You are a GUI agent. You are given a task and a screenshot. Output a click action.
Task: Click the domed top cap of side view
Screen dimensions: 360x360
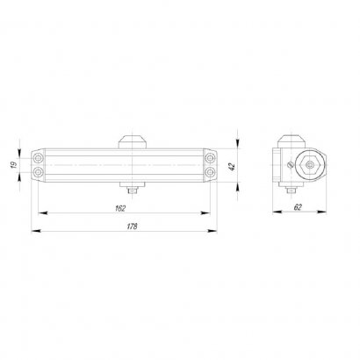(293, 142)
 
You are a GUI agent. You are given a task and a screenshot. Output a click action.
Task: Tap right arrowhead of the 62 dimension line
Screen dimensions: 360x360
(330, 212)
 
